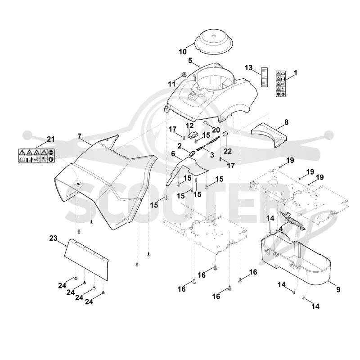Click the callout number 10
click(183, 52)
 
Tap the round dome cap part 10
click(214, 42)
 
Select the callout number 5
click(190, 60)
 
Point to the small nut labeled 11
click(184, 75)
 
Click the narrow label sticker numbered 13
click(265, 77)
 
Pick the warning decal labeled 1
click(280, 84)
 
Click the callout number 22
click(228, 151)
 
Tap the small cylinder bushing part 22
click(225, 134)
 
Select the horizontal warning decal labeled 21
click(36, 156)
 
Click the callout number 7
click(80, 136)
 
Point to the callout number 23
click(53, 238)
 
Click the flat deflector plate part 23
click(86, 260)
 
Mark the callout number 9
click(338, 289)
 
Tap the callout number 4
click(280, 229)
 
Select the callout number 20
click(216, 130)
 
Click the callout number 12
click(189, 126)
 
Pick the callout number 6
click(173, 153)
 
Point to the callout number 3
click(212, 155)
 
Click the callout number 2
click(180, 146)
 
